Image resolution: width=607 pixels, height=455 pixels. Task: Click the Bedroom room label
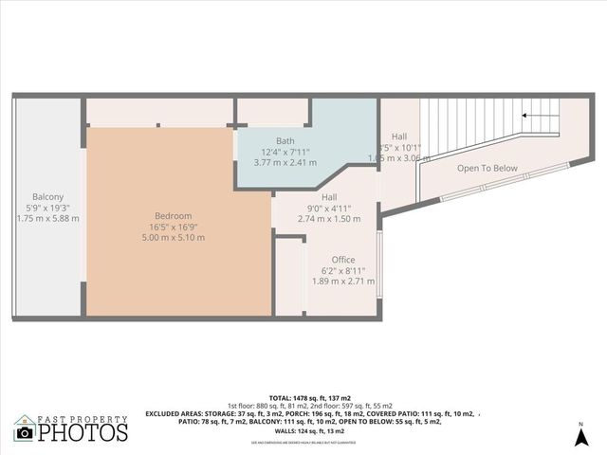[x=176, y=216]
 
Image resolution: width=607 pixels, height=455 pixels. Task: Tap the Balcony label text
[x=47, y=196]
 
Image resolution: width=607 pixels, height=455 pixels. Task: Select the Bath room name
[x=285, y=140]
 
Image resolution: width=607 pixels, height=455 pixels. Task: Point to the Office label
[x=342, y=260]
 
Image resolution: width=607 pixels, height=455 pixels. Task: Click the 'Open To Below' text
[x=487, y=169]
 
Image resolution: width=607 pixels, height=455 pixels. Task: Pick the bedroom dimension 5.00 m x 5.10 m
[x=176, y=237]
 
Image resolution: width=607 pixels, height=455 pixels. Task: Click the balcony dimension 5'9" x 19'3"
[x=47, y=207]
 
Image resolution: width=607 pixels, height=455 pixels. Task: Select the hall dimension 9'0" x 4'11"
[x=329, y=208]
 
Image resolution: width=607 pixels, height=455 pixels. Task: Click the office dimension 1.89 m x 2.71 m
[x=342, y=281]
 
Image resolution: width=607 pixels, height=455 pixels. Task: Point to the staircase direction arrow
[x=539, y=117]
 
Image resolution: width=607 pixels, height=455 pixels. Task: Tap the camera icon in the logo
[x=25, y=433]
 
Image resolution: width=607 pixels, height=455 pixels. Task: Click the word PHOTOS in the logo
[x=83, y=432]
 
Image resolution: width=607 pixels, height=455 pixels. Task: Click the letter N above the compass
[x=579, y=423]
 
